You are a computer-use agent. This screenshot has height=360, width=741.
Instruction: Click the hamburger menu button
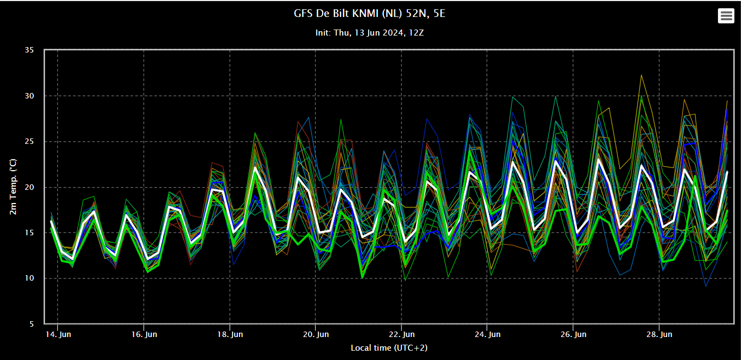726,16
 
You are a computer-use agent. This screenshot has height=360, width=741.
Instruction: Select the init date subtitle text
370,33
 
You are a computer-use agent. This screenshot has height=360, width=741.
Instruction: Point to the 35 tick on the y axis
29,50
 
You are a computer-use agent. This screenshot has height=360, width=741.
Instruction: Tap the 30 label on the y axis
29,96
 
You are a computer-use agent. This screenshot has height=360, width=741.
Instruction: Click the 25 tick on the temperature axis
29,142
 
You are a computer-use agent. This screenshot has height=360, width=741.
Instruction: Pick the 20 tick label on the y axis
29,187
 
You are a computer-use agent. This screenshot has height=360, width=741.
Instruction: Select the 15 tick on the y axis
29,233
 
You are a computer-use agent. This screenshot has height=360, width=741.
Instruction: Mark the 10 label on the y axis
29,278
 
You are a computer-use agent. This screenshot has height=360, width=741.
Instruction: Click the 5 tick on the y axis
31,324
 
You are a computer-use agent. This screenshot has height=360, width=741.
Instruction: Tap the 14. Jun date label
58,334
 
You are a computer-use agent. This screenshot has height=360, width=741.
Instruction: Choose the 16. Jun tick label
144,334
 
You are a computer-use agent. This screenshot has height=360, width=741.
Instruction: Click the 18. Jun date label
230,334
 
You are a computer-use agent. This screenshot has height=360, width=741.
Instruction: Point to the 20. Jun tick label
316,334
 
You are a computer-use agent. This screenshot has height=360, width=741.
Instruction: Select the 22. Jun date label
401,334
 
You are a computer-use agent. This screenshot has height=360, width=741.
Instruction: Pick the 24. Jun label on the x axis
488,334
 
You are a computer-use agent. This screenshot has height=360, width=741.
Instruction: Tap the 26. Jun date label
573,334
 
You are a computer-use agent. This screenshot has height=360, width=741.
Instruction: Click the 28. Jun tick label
660,334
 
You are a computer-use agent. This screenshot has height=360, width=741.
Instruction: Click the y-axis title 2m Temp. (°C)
13,187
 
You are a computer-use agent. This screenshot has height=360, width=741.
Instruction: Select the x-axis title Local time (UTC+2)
389,348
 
